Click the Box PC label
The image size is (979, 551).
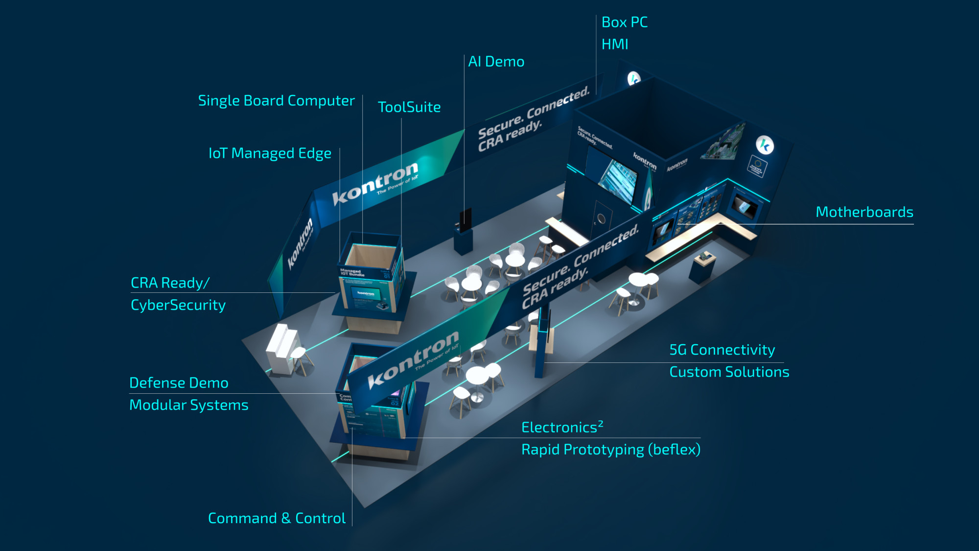(x=624, y=23)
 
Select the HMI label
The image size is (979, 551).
(x=614, y=45)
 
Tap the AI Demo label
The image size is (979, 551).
(x=496, y=62)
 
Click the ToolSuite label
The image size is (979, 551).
(x=409, y=107)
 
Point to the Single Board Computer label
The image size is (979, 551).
(x=276, y=101)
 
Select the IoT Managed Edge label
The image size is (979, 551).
(x=270, y=154)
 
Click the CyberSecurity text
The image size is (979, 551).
(x=178, y=305)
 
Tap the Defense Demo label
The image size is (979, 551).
(x=179, y=383)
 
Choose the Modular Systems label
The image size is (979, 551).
(x=188, y=405)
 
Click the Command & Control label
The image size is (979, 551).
(x=277, y=518)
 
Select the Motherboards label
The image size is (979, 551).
(x=864, y=212)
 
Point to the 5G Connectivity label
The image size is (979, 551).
(x=722, y=350)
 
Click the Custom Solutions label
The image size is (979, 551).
(x=729, y=372)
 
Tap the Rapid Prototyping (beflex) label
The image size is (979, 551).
(x=610, y=450)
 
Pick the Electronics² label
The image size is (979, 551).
(x=562, y=427)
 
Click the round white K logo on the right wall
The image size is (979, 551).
(x=764, y=145)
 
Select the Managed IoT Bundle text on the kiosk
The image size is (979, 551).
(x=352, y=273)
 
